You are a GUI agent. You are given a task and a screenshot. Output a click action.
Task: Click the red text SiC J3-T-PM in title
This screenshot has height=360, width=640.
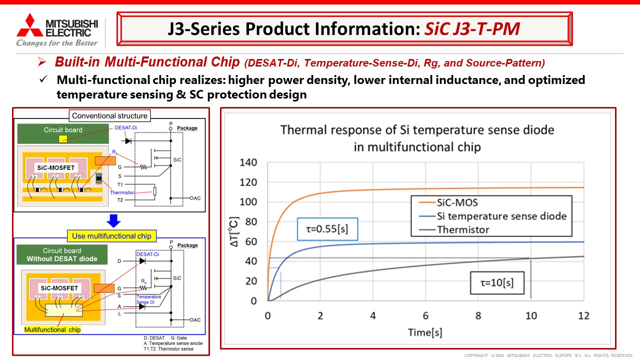pyautogui.click(x=472, y=29)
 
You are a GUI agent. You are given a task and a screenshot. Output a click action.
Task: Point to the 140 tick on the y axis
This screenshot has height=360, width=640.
pyautogui.click(x=248, y=162)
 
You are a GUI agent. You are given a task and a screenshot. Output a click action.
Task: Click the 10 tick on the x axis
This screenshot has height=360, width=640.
pyautogui.click(x=530, y=315)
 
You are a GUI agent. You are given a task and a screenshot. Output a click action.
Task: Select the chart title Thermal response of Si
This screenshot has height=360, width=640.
pyautogui.click(x=417, y=138)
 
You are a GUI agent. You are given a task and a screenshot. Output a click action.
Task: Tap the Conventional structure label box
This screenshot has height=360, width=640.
pyautogui.click(x=109, y=116)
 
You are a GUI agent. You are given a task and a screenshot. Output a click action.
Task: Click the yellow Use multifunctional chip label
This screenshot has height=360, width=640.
pyautogui.click(x=111, y=236)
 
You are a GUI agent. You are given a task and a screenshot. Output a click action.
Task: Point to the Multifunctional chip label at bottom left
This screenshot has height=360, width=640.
pyautogui.click(x=52, y=330)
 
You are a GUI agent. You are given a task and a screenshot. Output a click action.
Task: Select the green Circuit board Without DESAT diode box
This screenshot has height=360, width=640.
pyautogui.click(x=62, y=255)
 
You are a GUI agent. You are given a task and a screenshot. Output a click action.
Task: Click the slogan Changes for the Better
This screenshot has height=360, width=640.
pyautogui.click(x=56, y=43)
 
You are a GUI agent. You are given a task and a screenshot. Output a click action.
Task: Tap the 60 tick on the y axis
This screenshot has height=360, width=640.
pyautogui.click(x=250, y=241)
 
